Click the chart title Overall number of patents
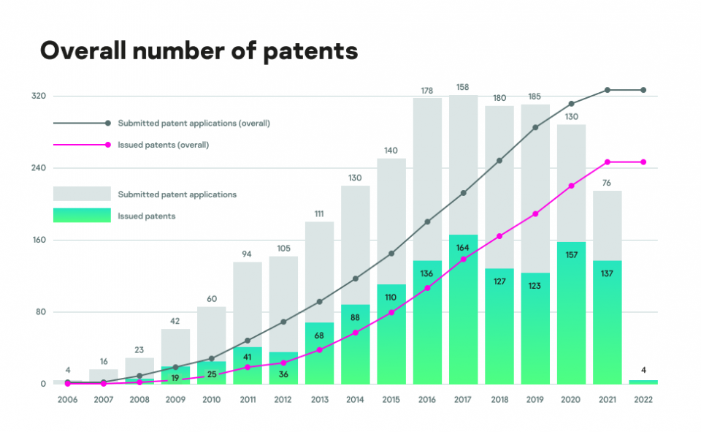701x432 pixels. click(x=198, y=50)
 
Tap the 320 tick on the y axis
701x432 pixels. click(x=39, y=96)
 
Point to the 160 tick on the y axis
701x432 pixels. click(x=39, y=240)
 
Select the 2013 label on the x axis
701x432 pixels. click(x=319, y=400)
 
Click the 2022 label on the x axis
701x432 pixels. click(x=643, y=400)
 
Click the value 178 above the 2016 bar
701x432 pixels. click(x=427, y=91)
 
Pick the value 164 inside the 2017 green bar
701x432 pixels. click(x=463, y=248)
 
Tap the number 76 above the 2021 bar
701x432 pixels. click(x=607, y=183)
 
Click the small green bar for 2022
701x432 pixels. click(x=643, y=382)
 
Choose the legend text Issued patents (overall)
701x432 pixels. click(x=164, y=145)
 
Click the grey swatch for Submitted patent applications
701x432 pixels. click(x=82, y=194)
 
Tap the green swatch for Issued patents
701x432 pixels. click(x=82, y=216)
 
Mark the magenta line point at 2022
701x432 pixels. click(x=643, y=162)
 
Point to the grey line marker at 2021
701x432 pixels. click(x=607, y=90)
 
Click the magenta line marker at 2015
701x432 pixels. click(x=391, y=312)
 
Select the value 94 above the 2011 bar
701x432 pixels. click(x=248, y=254)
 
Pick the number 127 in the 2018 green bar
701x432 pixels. click(x=499, y=281)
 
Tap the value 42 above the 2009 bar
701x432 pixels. click(x=175, y=321)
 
